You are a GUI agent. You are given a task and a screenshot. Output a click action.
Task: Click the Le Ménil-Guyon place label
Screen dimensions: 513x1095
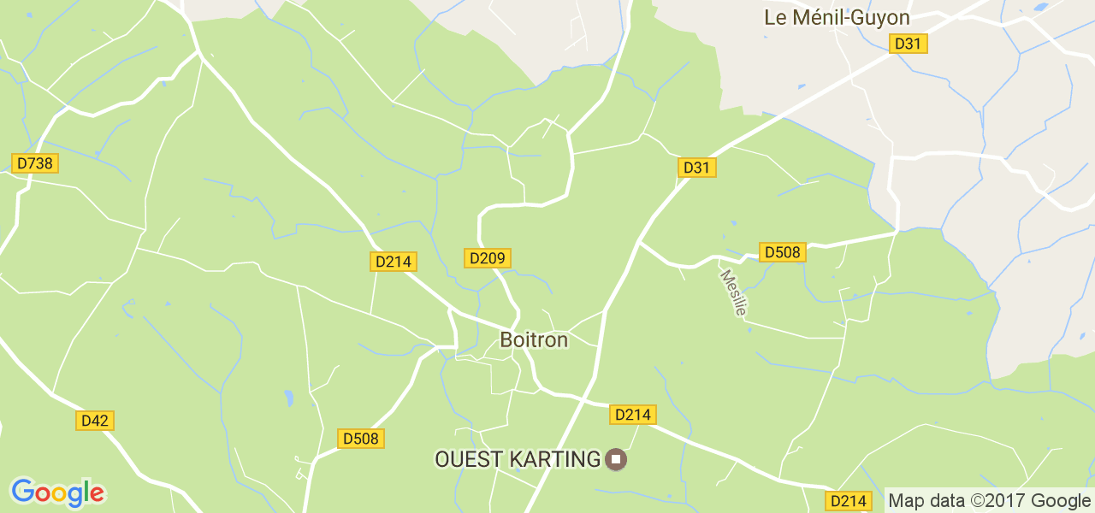[837, 17]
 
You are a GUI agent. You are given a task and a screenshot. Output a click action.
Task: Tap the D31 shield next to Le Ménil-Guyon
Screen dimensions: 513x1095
[909, 44]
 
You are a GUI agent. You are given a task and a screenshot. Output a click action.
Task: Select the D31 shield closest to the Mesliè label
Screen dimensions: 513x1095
[697, 168]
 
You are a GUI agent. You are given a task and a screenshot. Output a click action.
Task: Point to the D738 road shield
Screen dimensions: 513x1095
[34, 163]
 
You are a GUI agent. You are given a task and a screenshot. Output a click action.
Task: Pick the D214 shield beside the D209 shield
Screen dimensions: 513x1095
[394, 262]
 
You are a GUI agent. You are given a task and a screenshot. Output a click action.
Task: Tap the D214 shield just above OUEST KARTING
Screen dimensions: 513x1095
[633, 415]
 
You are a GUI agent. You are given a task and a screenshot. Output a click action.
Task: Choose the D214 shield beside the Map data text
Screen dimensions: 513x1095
[848, 501]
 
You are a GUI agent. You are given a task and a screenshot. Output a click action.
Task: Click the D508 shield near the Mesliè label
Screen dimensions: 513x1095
[782, 252]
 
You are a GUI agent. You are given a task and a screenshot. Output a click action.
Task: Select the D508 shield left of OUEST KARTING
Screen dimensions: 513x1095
[360, 439]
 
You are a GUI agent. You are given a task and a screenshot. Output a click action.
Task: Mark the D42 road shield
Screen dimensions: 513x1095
[95, 421]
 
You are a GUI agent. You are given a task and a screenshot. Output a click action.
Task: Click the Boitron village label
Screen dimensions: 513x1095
[534, 339]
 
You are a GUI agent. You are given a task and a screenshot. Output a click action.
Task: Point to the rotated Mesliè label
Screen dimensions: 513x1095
[733, 292]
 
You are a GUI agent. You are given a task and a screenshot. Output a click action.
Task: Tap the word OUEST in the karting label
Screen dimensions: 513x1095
[469, 459]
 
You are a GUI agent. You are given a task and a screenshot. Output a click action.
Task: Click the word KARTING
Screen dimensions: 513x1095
[555, 459]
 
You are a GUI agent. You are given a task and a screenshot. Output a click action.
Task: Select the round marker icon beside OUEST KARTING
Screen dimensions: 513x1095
[615, 460]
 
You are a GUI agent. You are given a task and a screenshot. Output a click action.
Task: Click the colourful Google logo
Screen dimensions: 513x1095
[57, 492]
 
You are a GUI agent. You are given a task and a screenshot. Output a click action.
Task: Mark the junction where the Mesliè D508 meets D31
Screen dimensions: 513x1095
[640, 242]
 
